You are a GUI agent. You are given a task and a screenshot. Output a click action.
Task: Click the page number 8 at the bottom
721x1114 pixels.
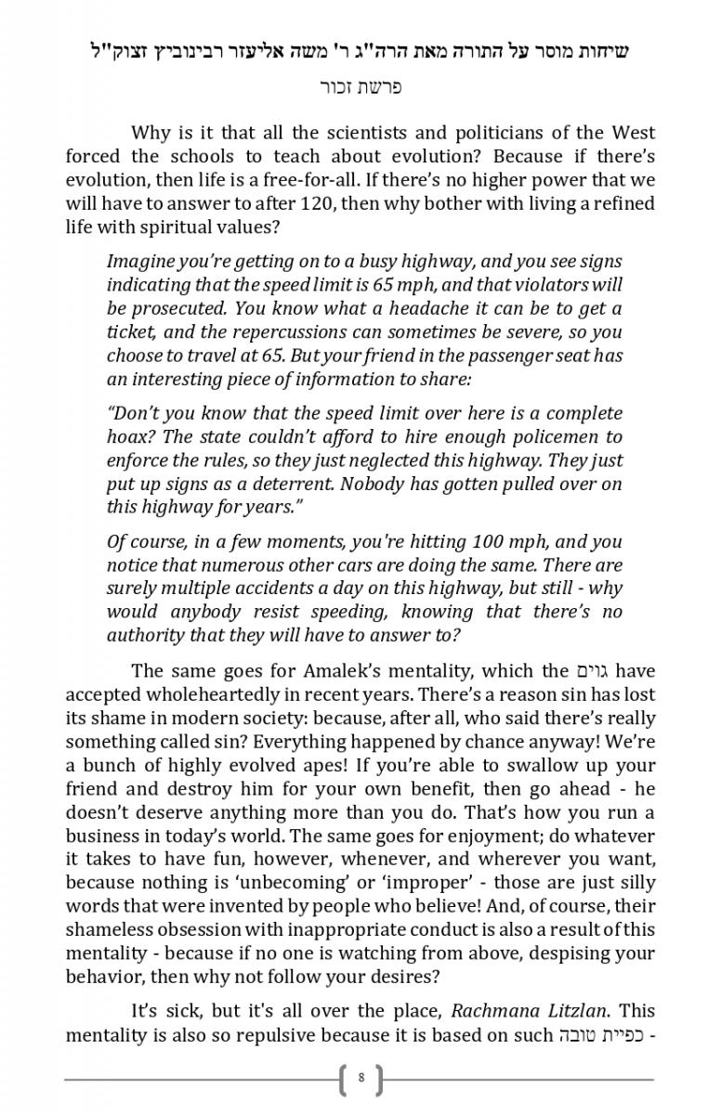(x=360, y=1079)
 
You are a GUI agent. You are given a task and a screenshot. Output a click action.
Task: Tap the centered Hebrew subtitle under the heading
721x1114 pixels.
(x=360, y=88)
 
